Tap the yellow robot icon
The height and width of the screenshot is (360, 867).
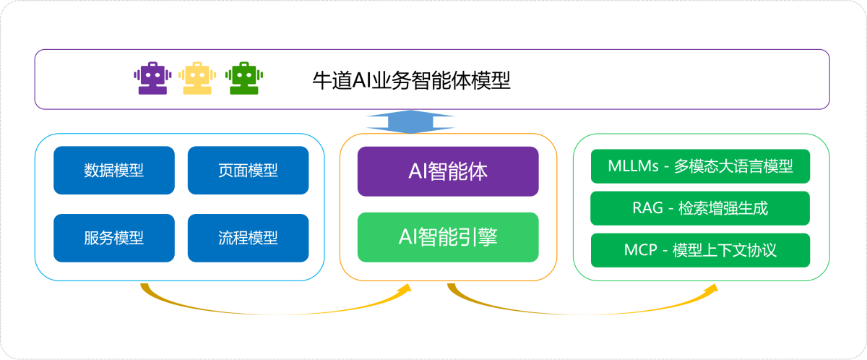click(197, 79)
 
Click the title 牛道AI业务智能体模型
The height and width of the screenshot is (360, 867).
click(411, 80)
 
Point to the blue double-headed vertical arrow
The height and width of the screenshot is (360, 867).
click(410, 121)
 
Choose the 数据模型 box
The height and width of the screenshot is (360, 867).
click(114, 171)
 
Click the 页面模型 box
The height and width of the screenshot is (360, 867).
click(248, 171)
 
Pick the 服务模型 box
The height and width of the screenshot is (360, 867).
click(114, 238)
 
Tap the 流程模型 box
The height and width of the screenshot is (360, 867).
click(248, 238)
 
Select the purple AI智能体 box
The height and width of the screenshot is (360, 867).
click(448, 171)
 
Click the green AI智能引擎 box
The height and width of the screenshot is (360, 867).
click(448, 237)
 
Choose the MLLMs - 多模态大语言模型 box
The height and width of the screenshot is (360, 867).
click(700, 167)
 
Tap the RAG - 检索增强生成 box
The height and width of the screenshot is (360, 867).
click(700, 209)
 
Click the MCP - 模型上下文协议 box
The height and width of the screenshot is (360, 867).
click(700, 250)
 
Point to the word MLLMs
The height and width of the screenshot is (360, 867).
click(633, 167)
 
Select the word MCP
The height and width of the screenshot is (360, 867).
click(639, 250)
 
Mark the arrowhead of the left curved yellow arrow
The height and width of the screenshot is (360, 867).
click(405, 289)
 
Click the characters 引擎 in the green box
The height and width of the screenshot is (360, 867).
click(478, 237)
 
